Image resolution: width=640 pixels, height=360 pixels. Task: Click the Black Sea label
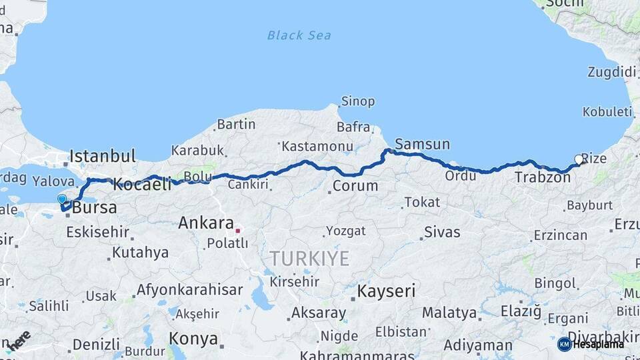pyautogui.click(x=299, y=35)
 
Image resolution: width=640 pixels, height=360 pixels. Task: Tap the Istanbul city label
pyautogui.click(x=103, y=157)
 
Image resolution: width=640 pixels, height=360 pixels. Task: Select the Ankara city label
pyautogui.click(x=205, y=223)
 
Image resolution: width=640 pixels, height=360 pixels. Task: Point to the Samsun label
pyautogui.click(x=422, y=144)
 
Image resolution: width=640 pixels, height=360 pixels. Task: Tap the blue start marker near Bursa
pyautogui.click(x=62, y=199)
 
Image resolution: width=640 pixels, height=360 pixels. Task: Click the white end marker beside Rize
pyautogui.click(x=578, y=159)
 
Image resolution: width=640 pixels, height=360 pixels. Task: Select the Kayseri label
pyautogui.click(x=386, y=291)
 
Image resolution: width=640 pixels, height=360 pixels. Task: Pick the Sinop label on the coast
pyautogui.click(x=358, y=102)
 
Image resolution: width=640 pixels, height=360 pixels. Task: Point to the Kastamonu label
pyautogui.click(x=317, y=145)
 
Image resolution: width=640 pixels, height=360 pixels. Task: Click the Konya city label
pyautogui.click(x=193, y=339)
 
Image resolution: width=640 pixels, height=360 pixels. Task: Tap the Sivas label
pyautogui.click(x=443, y=233)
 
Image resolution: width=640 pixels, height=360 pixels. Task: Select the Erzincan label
pyautogui.click(x=560, y=235)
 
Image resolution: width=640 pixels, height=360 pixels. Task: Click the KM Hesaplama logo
pyautogui.click(x=591, y=344)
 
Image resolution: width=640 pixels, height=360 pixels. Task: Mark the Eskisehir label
pyautogui.click(x=98, y=233)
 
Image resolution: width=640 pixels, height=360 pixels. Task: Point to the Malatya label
pyautogui.click(x=450, y=313)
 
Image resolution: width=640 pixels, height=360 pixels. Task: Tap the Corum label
pyautogui.click(x=355, y=186)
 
